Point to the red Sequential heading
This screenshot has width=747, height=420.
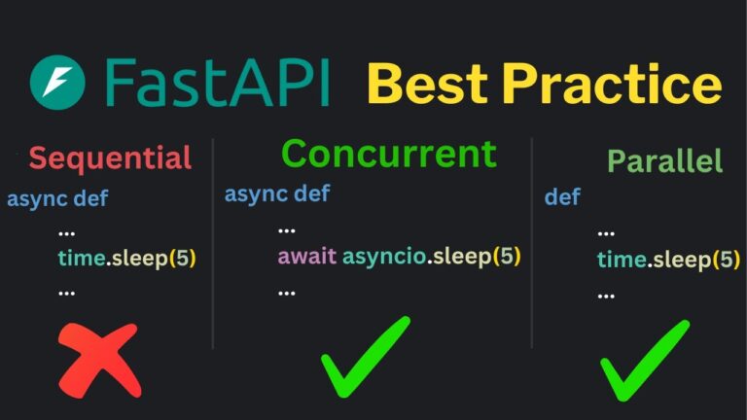109,157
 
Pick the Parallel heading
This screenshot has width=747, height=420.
664,160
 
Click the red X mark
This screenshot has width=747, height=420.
100,359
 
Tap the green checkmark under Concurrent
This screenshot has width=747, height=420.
367,356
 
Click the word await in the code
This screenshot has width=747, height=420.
306,257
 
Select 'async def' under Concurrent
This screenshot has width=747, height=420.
277,192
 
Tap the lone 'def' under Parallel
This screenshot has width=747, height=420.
562,197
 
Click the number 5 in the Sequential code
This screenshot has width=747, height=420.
183,260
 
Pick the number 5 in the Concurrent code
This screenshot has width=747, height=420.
507,257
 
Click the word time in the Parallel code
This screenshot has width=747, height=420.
621,260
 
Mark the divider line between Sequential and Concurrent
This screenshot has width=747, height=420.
213,243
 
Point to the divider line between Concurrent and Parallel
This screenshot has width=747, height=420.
532,243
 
